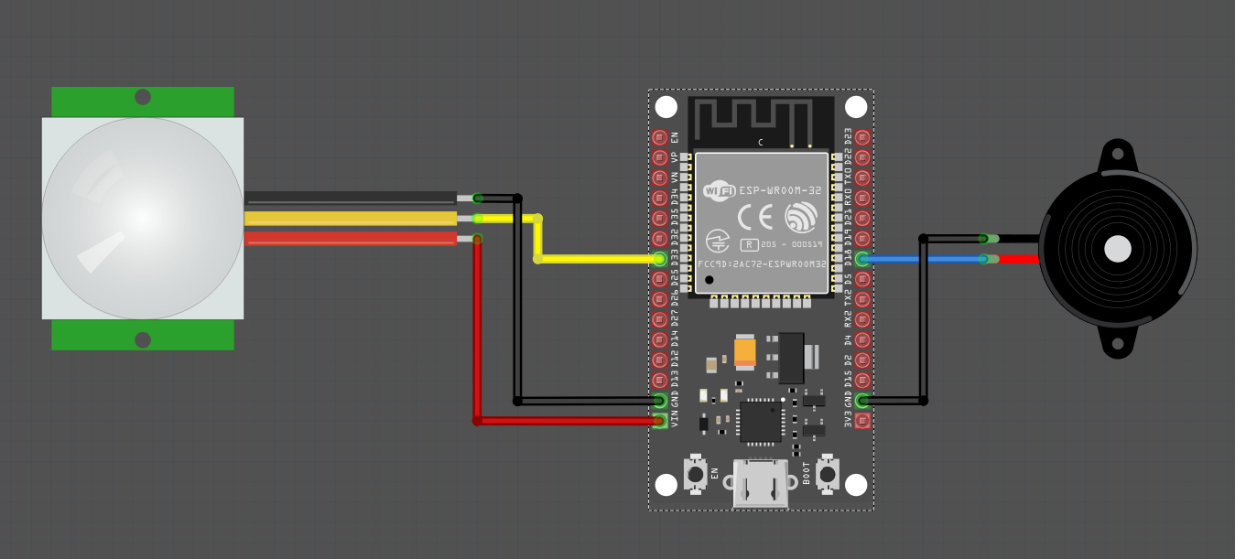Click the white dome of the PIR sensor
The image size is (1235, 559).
(142, 218)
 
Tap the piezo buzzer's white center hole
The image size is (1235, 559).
(1117, 249)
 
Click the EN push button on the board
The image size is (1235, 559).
(696, 474)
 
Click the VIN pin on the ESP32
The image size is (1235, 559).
(659, 421)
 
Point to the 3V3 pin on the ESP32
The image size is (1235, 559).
(862, 421)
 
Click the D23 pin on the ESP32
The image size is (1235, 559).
(862, 138)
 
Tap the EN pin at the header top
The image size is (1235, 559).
(659, 138)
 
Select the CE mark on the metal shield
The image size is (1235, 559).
(755, 217)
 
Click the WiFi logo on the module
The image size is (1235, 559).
(719, 191)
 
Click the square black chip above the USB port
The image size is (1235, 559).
(761, 421)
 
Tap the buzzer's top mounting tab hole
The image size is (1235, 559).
(1117, 153)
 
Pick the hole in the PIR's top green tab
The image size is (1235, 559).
(143, 97)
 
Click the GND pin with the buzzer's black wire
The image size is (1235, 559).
(862, 401)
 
